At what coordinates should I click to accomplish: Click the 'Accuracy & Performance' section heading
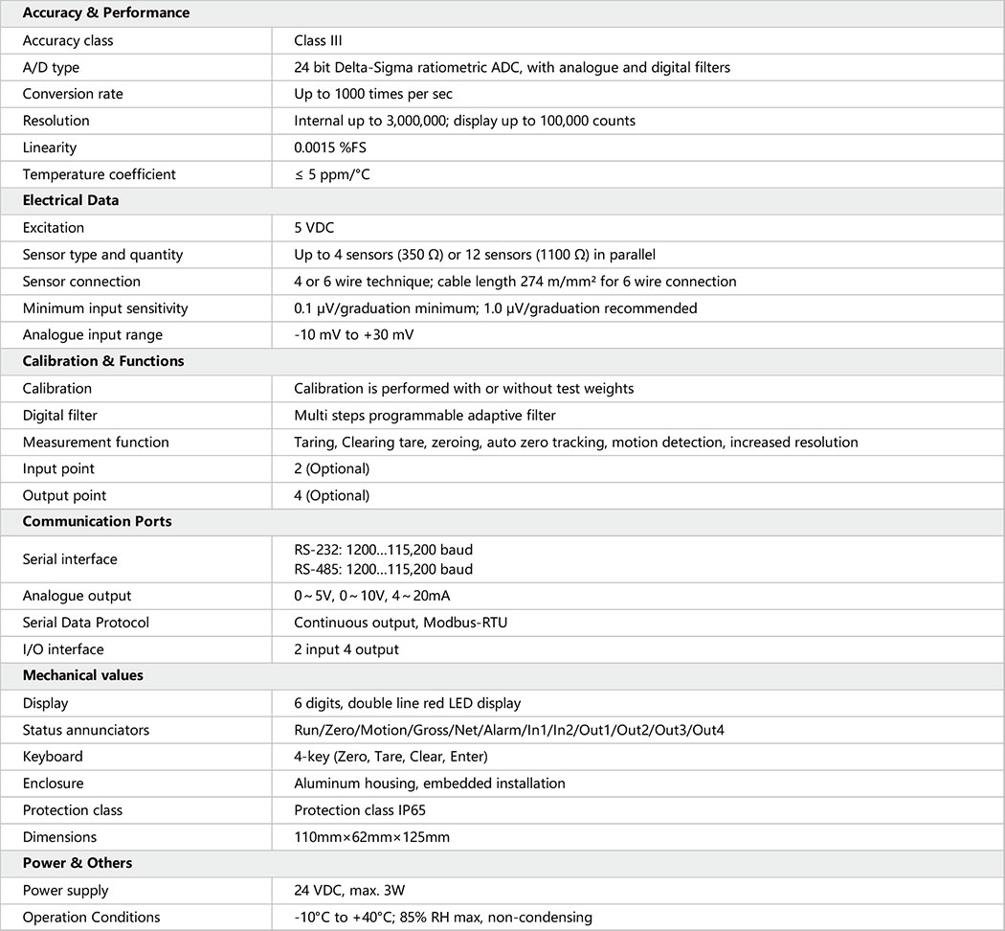point(105,13)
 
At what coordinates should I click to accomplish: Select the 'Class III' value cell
point(318,40)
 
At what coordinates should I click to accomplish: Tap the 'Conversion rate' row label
point(73,94)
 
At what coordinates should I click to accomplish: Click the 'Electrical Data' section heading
point(71,201)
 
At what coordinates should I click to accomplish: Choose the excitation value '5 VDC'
point(315,228)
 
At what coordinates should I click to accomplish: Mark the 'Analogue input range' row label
point(93,335)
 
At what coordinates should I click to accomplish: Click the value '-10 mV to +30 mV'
point(353,335)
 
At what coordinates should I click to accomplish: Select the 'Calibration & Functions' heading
point(103,362)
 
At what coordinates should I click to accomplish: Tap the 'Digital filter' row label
point(60,416)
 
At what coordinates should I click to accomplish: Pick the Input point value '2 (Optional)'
point(331,469)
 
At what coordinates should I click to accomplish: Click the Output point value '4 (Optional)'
point(331,496)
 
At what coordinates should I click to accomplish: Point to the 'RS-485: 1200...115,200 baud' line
point(383,569)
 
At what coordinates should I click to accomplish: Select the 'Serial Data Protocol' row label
point(86,623)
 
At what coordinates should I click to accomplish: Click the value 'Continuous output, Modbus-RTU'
point(400,623)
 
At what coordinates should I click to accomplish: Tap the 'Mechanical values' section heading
point(83,675)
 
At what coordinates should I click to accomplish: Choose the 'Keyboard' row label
point(53,757)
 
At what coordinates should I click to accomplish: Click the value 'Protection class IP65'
point(360,810)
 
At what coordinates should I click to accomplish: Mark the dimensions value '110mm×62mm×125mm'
point(371,837)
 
